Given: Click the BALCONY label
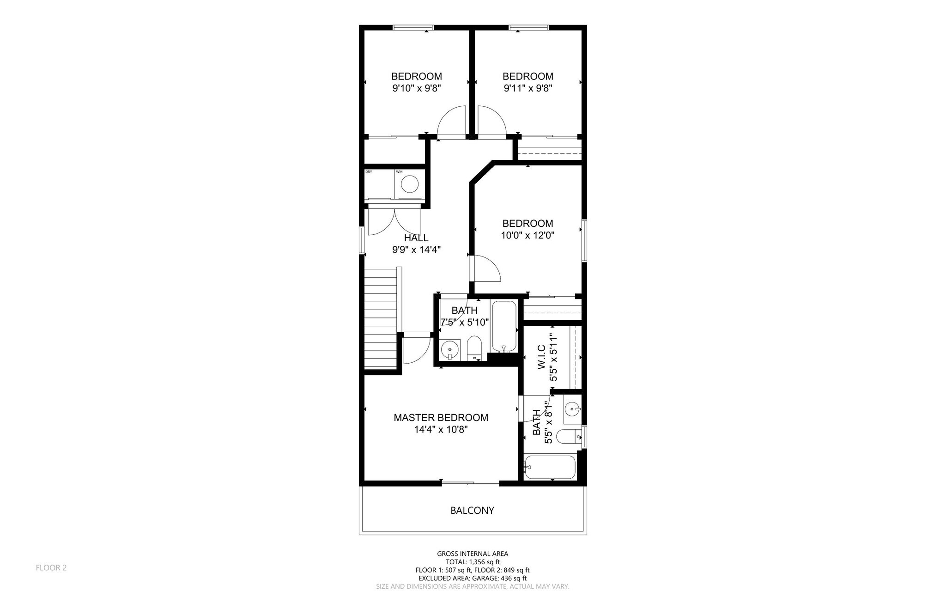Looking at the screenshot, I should [x=472, y=511].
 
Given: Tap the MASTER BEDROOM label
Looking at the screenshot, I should [x=441, y=418].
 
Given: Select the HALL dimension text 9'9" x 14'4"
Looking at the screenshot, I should [x=416, y=250].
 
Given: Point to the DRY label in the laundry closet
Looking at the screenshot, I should [x=369, y=172].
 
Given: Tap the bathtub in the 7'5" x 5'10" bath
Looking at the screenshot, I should [x=503, y=326].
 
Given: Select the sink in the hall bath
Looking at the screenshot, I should [x=450, y=350].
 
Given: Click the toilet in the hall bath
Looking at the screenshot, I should [x=474, y=347].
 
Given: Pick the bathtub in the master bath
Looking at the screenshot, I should [x=550, y=468].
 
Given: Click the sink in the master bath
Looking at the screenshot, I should [x=572, y=409].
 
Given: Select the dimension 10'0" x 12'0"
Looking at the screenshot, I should [x=528, y=235].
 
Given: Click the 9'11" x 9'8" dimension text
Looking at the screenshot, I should [x=528, y=88].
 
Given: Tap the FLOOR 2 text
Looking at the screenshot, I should [x=51, y=567].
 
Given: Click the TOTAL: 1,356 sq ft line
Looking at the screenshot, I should [x=473, y=562].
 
